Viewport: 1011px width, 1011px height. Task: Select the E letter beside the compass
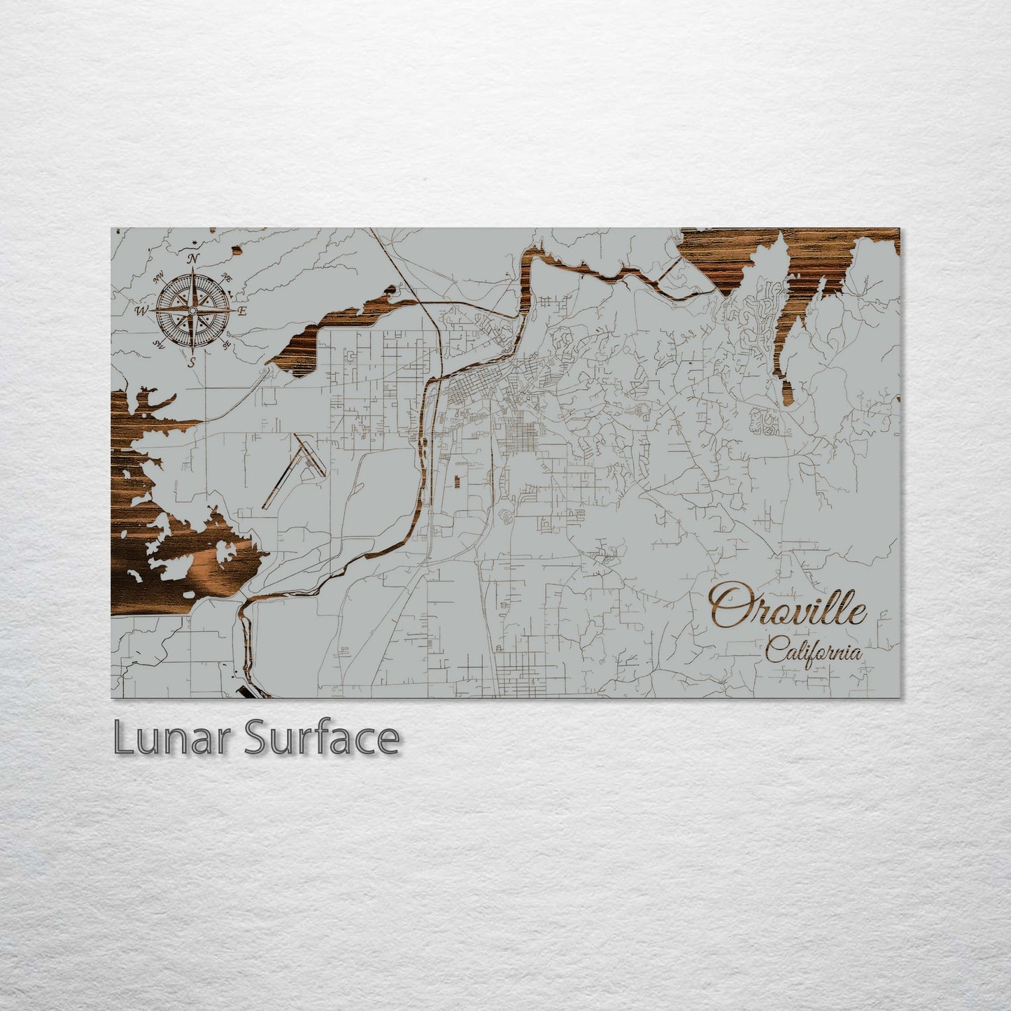click(x=242, y=311)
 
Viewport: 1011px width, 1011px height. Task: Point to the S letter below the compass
click(x=192, y=362)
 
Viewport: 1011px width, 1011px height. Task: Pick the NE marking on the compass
click(x=225, y=278)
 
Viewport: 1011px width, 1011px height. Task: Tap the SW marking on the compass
click(x=160, y=344)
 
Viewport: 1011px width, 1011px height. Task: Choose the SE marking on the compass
click(x=225, y=344)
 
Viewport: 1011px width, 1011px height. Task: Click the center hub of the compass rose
click(x=192, y=309)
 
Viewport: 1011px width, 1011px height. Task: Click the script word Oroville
click(x=788, y=606)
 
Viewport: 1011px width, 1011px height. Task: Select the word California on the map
click(x=813, y=652)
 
